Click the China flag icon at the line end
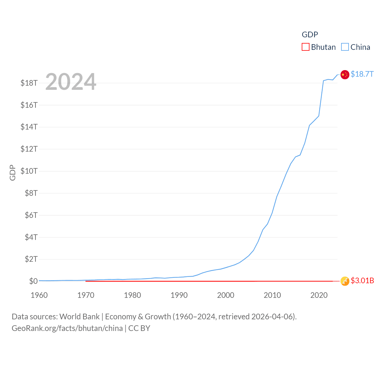pos(345,75)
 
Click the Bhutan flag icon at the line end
pos(345,281)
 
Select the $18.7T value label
pos(362,74)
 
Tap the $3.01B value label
pos(362,281)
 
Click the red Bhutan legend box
pos(306,47)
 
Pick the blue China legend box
pos(345,47)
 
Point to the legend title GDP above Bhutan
pos(310,35)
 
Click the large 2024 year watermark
pos(71,82)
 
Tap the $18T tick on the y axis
pos(29,83)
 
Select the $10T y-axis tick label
pos(29,171)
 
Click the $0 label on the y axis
pos(33,281)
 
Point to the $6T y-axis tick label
pos(31,215)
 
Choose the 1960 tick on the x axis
pos(39,295)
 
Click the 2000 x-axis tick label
pos(226,295)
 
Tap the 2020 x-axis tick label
pos(319,295)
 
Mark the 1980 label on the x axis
pos(132,295)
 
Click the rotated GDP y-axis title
pos(13,172)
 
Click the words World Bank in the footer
pos(80,317)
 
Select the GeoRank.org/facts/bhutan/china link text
pos(67,328)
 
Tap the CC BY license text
pos(139,328)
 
